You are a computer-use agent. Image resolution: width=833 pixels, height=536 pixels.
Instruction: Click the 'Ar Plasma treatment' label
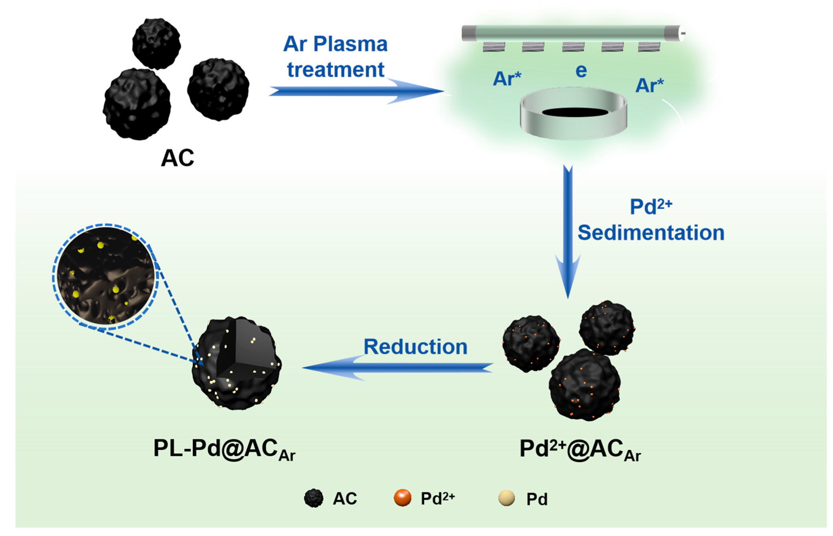coord(335,56)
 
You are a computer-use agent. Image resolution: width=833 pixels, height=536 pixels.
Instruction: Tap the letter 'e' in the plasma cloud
coord(581,71)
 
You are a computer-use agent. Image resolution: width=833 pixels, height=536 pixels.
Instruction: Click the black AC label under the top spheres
coord(177,158)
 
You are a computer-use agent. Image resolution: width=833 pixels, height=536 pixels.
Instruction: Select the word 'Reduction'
coord(415,347)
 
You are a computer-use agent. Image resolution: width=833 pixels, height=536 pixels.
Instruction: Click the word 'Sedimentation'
coord(651,233)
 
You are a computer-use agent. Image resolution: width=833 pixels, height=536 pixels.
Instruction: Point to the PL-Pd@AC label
coord(224,449)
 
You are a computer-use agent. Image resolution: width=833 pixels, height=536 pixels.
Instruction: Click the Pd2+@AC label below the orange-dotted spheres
coord(580,449)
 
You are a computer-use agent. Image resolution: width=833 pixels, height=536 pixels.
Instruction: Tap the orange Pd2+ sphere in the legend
coord(402,498)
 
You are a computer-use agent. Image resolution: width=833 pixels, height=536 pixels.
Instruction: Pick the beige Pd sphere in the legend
coord(506,498)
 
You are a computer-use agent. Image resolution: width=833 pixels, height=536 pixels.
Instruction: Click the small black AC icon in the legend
coord(313,498)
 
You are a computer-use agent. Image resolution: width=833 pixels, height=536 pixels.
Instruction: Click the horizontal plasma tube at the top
coord(572,33)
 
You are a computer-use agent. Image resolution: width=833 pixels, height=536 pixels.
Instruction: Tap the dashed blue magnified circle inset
coord(106,275)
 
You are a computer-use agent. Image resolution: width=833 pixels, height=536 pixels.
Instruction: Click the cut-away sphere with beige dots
coord(237,363)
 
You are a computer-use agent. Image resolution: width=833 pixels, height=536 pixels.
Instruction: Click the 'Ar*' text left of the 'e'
coord(506,79)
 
